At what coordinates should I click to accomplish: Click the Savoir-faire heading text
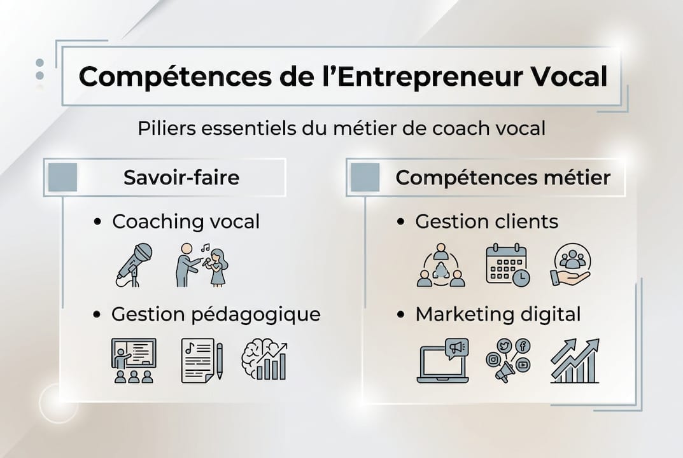click(x=181, y=177)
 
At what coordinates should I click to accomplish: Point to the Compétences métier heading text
click(x=503, y=177)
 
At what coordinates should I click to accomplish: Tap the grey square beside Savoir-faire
click(x=63, y=177)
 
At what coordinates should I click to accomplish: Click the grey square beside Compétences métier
click(x=365, y=177)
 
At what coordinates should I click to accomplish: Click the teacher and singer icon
click(x=202, y=264)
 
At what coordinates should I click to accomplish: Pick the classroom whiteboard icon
click(x=134, y=360)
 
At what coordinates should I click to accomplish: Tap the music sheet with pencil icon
click(x=202, y=360)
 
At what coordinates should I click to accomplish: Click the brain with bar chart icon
click(x=264, y=360)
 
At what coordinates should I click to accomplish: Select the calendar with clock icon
click(x=507, y=264)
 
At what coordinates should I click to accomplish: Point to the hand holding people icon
click(x=571, y=264)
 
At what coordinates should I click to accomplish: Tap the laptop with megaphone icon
click(x=443, y=360)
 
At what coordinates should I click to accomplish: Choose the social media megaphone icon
click(x=507, y=360)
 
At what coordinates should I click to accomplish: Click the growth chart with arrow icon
click(x=575, y=360)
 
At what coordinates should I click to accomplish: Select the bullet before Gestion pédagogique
click(x=97, y=315)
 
